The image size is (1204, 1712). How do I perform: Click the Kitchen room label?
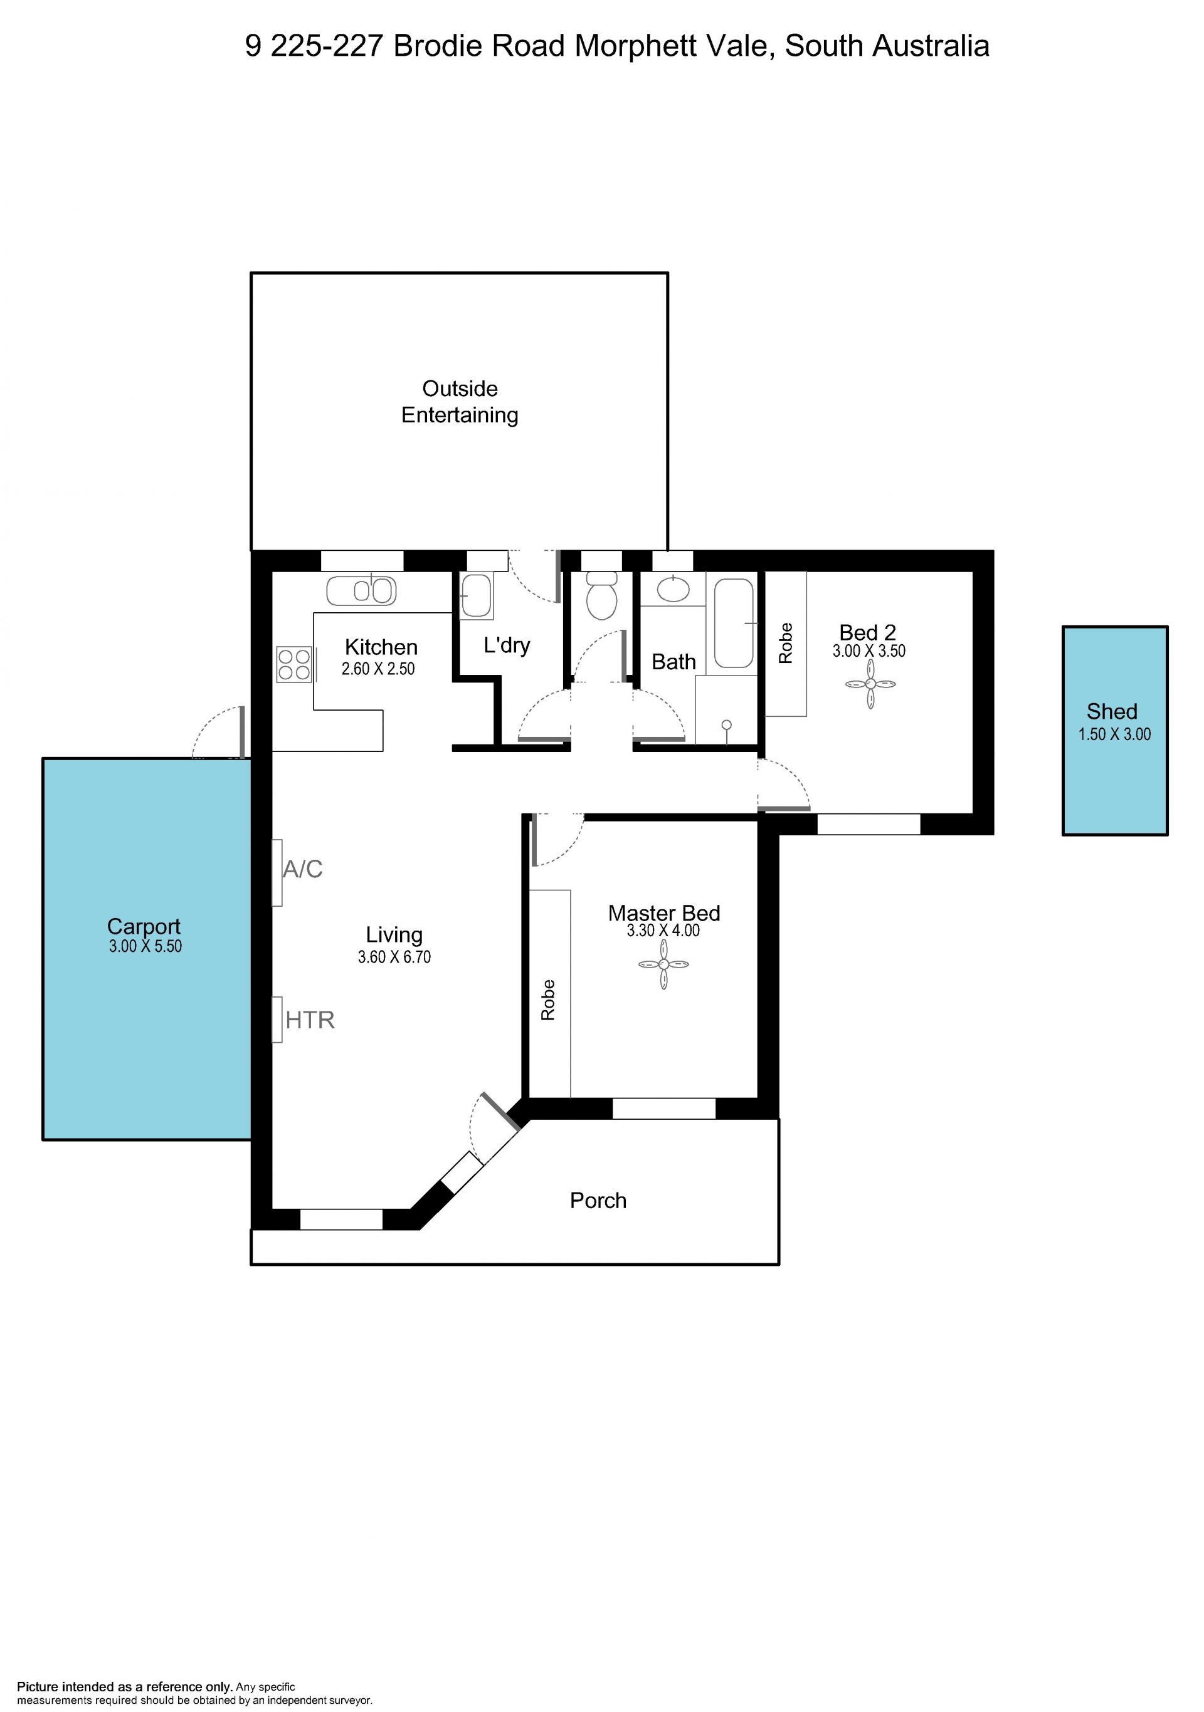[x=381, y=647]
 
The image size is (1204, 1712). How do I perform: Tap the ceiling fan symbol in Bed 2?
[x=870, y=683]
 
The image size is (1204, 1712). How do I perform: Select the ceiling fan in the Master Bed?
[x=663, y=964]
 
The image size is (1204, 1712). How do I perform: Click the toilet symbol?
[x=601, y=596]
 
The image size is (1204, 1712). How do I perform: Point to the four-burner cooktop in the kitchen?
[x=294, y=664]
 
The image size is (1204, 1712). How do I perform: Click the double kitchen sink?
[x=361, y=590]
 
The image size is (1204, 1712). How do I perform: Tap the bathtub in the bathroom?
[x=734, y=623]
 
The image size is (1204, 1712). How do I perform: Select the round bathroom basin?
[x=673, y=589]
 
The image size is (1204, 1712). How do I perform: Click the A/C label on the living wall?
[x=303, y=869]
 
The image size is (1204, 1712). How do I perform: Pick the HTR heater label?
[x=310, y=1020]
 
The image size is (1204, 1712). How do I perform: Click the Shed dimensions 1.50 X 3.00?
[x=1114, y=734]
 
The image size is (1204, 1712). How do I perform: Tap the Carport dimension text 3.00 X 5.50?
[x=145, y=946]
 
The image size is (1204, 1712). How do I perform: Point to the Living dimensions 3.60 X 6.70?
[x=394, y=957]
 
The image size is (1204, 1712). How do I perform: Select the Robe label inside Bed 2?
[x=786, y=644]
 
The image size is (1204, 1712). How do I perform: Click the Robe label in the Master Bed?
[x=548, y=1000]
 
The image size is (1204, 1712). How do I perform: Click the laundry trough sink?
[x=476, y=595]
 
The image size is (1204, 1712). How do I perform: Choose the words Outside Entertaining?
[x=460, y=401]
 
